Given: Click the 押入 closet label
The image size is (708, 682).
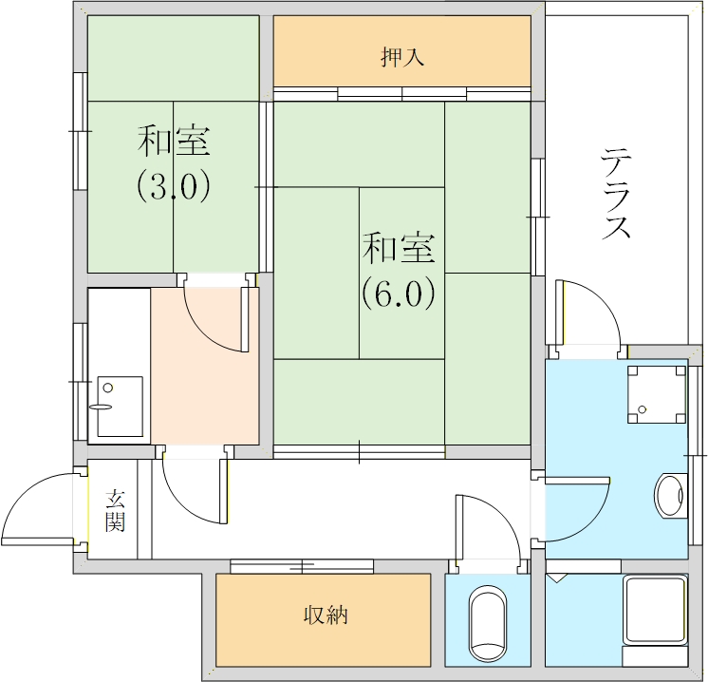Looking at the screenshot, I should [x=401, y=57].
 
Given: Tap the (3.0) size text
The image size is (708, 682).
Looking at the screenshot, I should [x=173, y=186].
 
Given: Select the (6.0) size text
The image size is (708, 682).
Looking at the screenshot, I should [x=398, y=294].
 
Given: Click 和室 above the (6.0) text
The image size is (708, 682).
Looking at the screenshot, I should [x=398, y=249].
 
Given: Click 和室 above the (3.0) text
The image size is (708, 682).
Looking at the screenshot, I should [x=173, y=142].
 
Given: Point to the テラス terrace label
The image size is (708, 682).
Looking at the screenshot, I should [x=616, y=195].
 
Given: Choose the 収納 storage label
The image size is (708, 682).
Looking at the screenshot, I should [x=325, y=615].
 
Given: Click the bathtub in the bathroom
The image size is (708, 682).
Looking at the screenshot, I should [x=654, y=611].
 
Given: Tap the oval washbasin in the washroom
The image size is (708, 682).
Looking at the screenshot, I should [x=670, y=496].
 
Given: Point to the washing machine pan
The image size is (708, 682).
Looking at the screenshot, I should [x=656, y=394].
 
